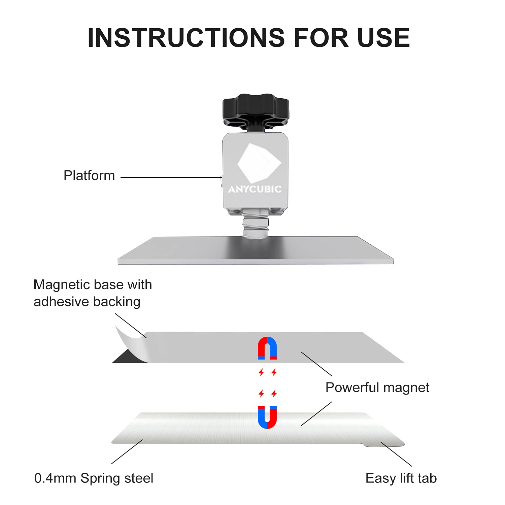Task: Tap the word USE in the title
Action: coord(383,37)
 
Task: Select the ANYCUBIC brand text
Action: coord(255,189)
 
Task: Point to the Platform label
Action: coord(89,176)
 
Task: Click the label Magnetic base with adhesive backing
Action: coord(93,293)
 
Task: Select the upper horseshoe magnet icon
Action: coord(267,348)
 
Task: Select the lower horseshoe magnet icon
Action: coord(267,417)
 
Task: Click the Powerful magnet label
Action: coord(377,388)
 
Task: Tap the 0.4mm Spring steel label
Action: coord(94,478)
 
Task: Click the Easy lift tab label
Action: coord(401,478)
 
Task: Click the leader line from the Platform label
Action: coord(170,177)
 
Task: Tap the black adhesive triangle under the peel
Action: coord(126,358)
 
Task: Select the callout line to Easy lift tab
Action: coord(397,454)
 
